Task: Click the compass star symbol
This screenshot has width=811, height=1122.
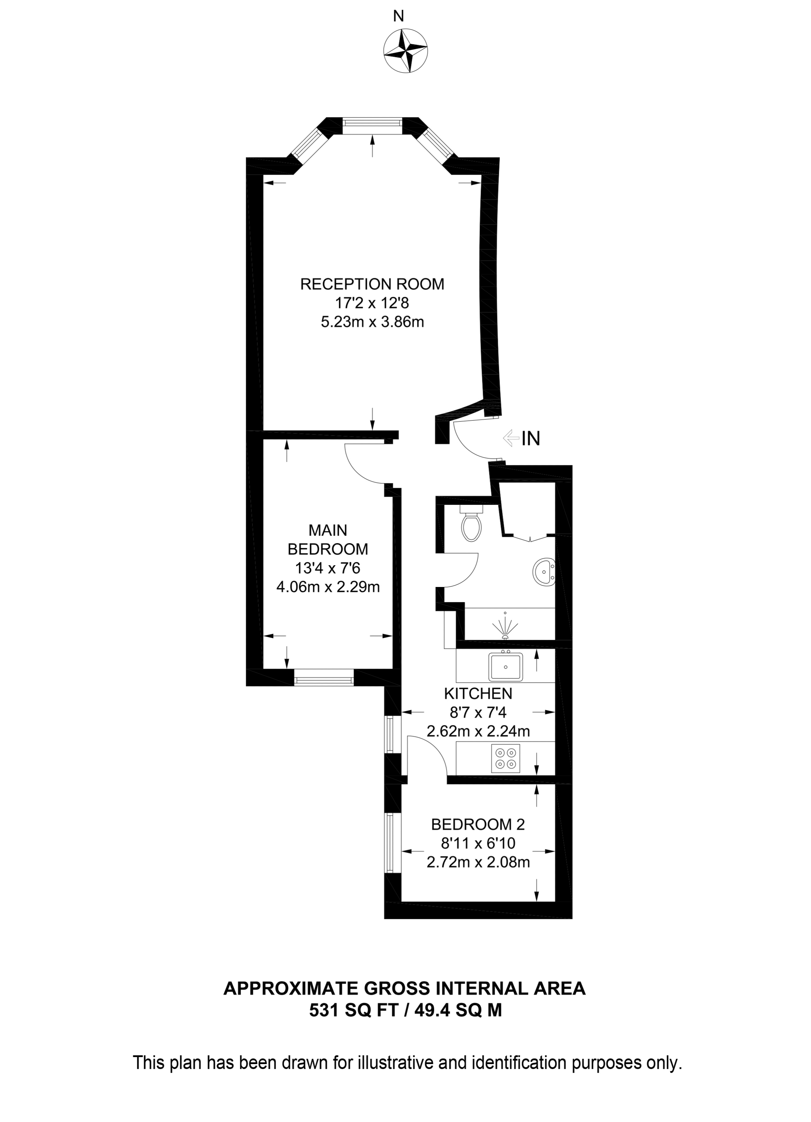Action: click(x=405, y=51)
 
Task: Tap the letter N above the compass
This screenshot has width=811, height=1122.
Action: click(x=398, y=16)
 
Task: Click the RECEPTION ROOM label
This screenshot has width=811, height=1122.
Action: click(x=372, y=284)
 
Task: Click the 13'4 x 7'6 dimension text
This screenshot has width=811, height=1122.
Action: click(x=328, y=568)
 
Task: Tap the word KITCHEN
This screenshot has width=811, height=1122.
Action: click(x=478, y=693)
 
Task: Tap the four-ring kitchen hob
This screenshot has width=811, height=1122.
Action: click(x=505, y=759)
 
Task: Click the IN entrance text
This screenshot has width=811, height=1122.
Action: click(x=531, y=438)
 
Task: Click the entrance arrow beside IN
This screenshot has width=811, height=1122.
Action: click(x=511, y=438)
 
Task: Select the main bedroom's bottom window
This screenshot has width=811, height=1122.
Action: click(x=324, y=678)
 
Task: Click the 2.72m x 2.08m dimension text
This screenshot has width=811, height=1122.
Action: click(x=478, y=862)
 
